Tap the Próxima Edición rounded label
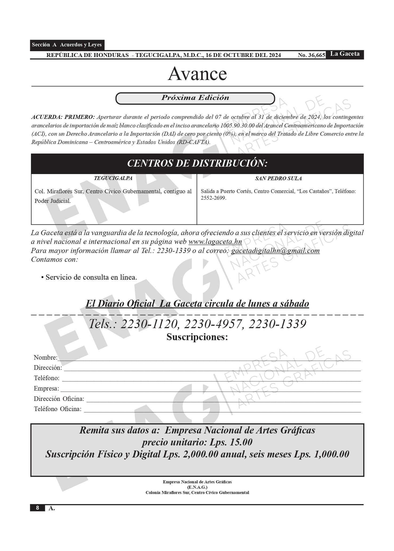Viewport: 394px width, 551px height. point(195,98)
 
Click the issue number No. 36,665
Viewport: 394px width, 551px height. point(311,55)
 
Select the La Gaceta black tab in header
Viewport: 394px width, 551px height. point(345,54)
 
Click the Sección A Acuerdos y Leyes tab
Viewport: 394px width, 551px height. point(67,45)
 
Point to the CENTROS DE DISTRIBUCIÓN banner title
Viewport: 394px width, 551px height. point(197,163)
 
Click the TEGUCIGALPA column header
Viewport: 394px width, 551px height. point(113,178)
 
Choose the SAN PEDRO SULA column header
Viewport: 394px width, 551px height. point(278,178)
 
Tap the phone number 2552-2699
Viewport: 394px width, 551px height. point(213,198)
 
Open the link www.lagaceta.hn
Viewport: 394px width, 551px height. point(215,242)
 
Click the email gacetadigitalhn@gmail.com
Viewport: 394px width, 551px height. point(275,251)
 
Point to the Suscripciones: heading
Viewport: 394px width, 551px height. point(197,337)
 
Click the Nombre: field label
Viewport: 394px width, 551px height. point(45,357)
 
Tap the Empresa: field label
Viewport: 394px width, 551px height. point(46,388)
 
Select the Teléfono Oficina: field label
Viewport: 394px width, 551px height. point(58,409)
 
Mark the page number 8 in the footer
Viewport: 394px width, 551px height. point(37,508)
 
